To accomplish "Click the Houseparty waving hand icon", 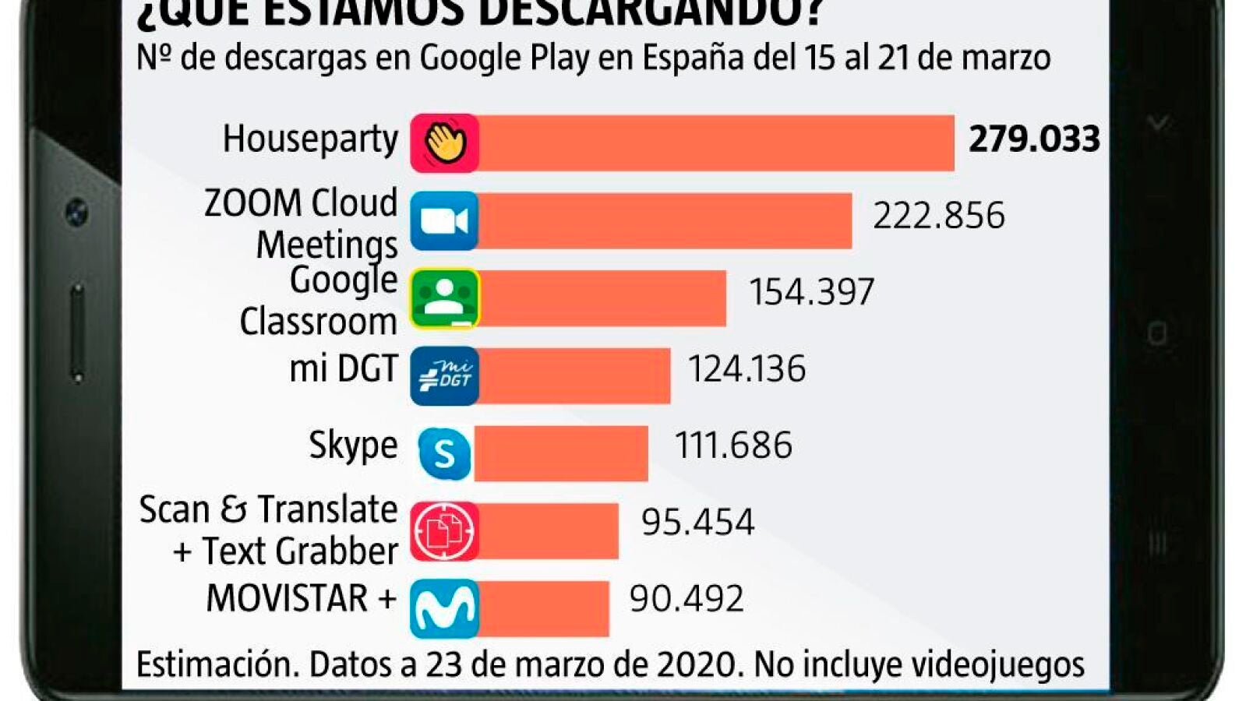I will click(444, 143).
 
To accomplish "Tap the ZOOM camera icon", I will click(444, 220).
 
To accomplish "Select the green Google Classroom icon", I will click(444, 298).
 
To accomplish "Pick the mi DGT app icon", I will click(444, 376).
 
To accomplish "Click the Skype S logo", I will click(444, 453).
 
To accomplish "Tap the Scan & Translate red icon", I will click(444, 531).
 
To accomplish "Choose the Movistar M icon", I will click(444, 608).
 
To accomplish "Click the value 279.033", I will click(1033, 139).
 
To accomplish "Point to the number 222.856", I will click(938, 216).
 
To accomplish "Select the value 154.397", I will click(811, 292).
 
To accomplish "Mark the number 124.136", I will click(747, 368).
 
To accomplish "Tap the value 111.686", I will click(733, 446).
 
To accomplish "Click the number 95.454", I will click(697, 522).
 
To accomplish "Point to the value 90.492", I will click(686, 599).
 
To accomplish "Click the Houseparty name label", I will click(310, 139).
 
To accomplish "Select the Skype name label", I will click(353, 446).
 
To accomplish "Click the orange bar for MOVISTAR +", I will click(544, 608).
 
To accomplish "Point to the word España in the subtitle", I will click(694, 58).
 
